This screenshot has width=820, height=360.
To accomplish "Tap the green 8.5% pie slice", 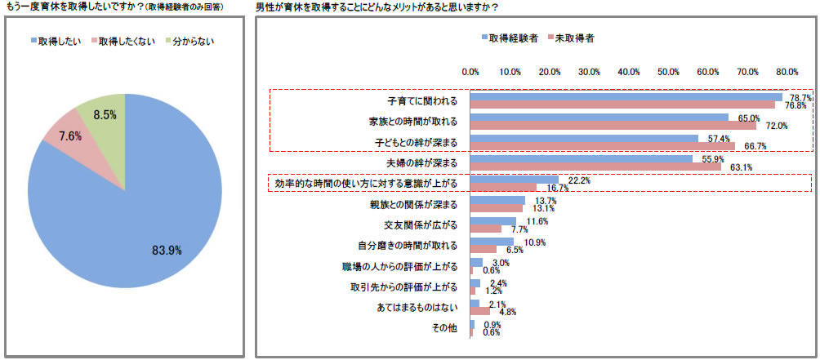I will [101, 118].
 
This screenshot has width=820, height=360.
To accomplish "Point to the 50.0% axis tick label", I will [669, 72].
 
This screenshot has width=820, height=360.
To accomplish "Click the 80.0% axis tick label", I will [787, 72].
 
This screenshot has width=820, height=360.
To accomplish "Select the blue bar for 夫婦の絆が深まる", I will [581, 159].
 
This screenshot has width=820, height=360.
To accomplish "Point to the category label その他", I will [445, 329].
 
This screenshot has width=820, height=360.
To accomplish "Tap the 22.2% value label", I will [579, 180].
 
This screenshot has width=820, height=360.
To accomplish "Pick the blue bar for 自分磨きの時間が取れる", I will [492, 242].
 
